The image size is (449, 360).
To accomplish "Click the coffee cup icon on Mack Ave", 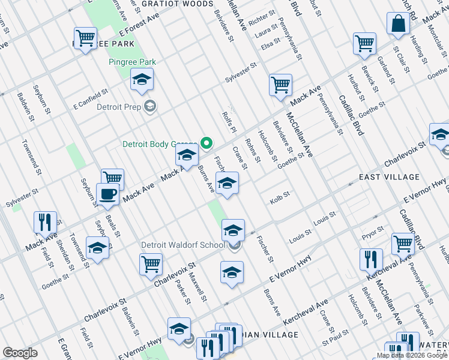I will [108, 194].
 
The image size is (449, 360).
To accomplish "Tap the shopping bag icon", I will [398, 25].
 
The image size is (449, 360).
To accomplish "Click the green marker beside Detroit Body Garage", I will [207, 143].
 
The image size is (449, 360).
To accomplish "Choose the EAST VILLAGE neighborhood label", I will [389, 177].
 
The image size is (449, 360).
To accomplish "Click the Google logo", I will [20, 353].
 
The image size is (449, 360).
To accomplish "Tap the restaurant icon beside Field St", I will [46, 223].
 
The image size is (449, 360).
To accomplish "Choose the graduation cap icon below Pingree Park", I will [142, 80].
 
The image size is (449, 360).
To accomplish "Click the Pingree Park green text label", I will [132, 62].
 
